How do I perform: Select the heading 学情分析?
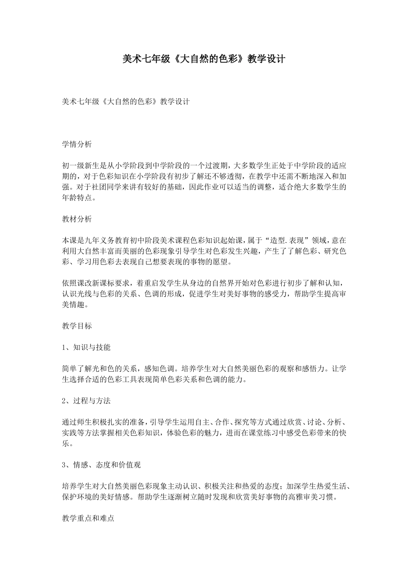click(77, 144)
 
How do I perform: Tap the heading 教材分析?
click(77, 219)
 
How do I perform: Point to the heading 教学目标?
click(77, 325)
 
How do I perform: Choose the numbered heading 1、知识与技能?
click(86, 347)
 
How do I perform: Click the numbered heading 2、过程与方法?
click(86, 401)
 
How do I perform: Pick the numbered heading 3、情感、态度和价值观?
click(101, 465)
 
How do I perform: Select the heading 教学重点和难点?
click(88, 518)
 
